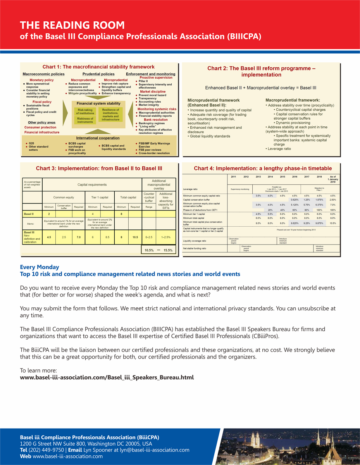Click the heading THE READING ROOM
(72, 26)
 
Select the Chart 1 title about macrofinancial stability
(98, 67)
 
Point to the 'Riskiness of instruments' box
(85, 120)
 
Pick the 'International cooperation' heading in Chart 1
(98, 138)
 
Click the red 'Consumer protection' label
(40, 127)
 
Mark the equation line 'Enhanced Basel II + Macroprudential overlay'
(260, 88)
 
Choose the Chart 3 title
(99, 169)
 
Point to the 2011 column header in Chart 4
(233, 177)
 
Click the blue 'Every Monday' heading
(40, 267)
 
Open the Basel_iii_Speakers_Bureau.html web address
(107, 377)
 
